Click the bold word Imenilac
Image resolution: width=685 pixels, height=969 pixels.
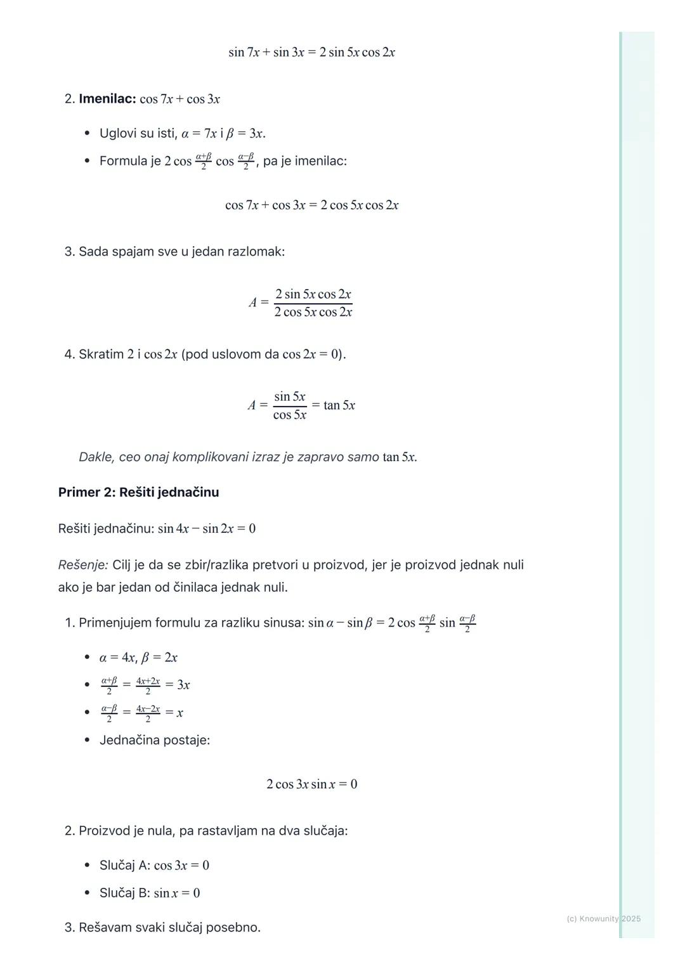coord(107,99)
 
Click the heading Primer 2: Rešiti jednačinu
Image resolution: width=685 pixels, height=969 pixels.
coord(138,492)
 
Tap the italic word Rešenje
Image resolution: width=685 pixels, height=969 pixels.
coord(82,564)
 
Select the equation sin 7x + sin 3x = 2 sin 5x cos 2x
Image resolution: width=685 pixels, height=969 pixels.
coord(311,53)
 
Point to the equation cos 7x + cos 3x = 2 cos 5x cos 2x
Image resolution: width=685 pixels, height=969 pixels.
coord(311,205)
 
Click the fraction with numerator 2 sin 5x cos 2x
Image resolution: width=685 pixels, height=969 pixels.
coord(313,303)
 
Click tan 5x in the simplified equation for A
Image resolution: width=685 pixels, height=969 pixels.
coord(339,405)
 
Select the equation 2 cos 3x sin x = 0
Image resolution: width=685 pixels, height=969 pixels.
coord(311,784)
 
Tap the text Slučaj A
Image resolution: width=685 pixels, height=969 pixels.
coord(124,865)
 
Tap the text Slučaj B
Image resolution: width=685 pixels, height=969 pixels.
coord(124,893)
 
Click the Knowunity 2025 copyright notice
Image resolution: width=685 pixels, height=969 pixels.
coord(603,918)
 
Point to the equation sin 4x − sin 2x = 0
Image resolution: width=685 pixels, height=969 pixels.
coord(207,529)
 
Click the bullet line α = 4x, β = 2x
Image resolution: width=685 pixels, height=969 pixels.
coord(138,658)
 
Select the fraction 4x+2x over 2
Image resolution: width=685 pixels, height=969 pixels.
coord(148,686)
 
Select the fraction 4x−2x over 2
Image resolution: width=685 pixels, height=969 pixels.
coord(148,713)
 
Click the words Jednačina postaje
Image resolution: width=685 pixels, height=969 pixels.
coord(154,740)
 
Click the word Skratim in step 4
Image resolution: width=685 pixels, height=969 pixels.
coord(101,354)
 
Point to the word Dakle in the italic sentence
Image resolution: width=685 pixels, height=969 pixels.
coord(96,457)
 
